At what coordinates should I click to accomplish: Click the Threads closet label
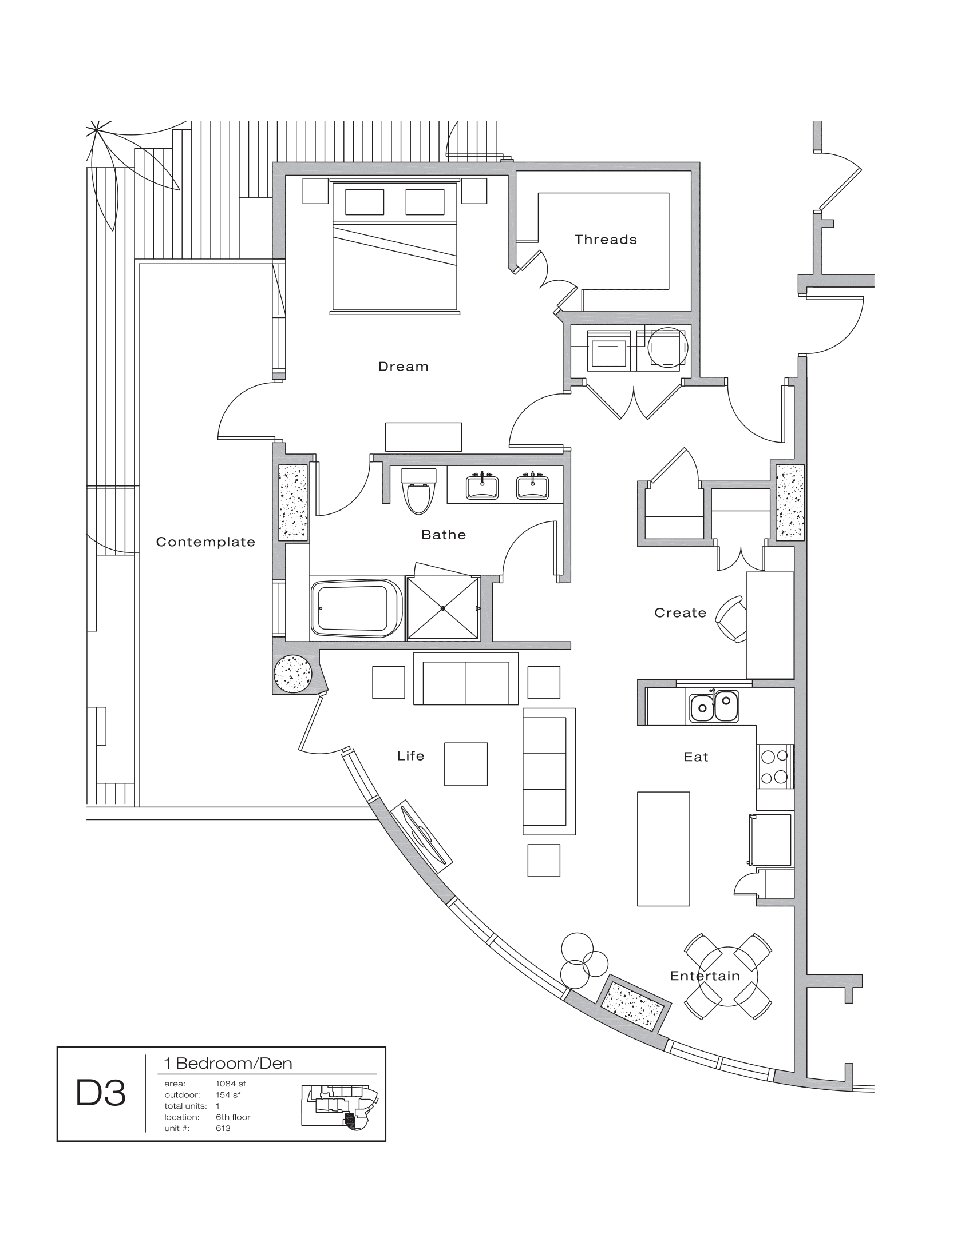(605, 240)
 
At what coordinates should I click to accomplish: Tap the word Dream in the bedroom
(403, 367)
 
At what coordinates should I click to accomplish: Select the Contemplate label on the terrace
(205, 542)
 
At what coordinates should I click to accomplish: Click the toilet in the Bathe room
(418, 493)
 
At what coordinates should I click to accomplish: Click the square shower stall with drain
(442, 608)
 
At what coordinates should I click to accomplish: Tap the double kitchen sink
(714, 706)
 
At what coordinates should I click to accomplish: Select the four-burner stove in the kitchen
(774, 767)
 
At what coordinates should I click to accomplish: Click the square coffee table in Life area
(466, 765)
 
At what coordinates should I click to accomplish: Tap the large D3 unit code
(101, 1094)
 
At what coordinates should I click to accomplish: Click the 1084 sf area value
(231, 1084)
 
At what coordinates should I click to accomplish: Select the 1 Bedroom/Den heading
(228, 1064)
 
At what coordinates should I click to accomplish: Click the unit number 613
(223, 1128)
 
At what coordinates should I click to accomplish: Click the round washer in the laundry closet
(667, 347)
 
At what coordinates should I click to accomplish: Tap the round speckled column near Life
(294, 674)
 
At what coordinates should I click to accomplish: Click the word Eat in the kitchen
(696, 757)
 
